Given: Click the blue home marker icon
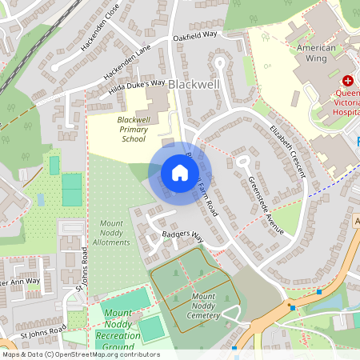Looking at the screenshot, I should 179,172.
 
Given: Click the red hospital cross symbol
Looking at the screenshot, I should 348,81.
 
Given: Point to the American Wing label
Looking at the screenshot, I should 317,49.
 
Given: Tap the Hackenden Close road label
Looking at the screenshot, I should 100,36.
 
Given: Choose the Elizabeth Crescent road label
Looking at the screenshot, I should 287,150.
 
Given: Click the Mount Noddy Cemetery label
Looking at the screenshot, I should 210,305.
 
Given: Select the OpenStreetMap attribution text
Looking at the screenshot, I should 80,354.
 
